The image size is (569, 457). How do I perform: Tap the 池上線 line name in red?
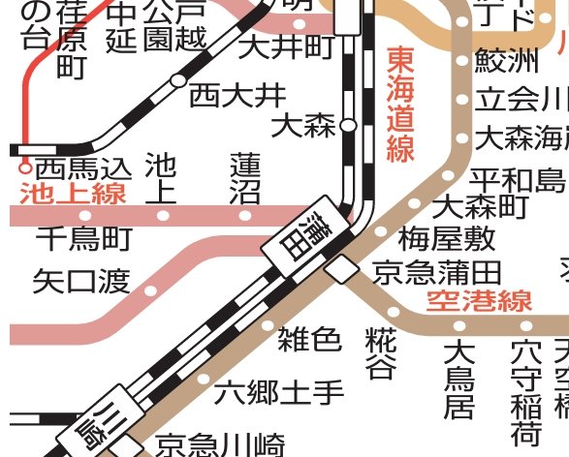coord(73,193)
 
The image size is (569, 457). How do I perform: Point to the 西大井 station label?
coord(237,95)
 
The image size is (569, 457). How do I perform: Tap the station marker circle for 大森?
coord(349,125)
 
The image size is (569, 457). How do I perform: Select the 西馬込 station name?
coord(81,167)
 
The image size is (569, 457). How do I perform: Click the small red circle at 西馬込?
coord(26,166)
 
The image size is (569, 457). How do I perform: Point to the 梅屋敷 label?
coord(447,238)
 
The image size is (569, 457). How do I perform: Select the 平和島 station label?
coord(517,179)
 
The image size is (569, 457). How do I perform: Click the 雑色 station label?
coord(310,339)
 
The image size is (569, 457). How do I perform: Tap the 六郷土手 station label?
coord(279,393)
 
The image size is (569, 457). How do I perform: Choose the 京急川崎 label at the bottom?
coord(221,444)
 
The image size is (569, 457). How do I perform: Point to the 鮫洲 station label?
coord(505,62)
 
